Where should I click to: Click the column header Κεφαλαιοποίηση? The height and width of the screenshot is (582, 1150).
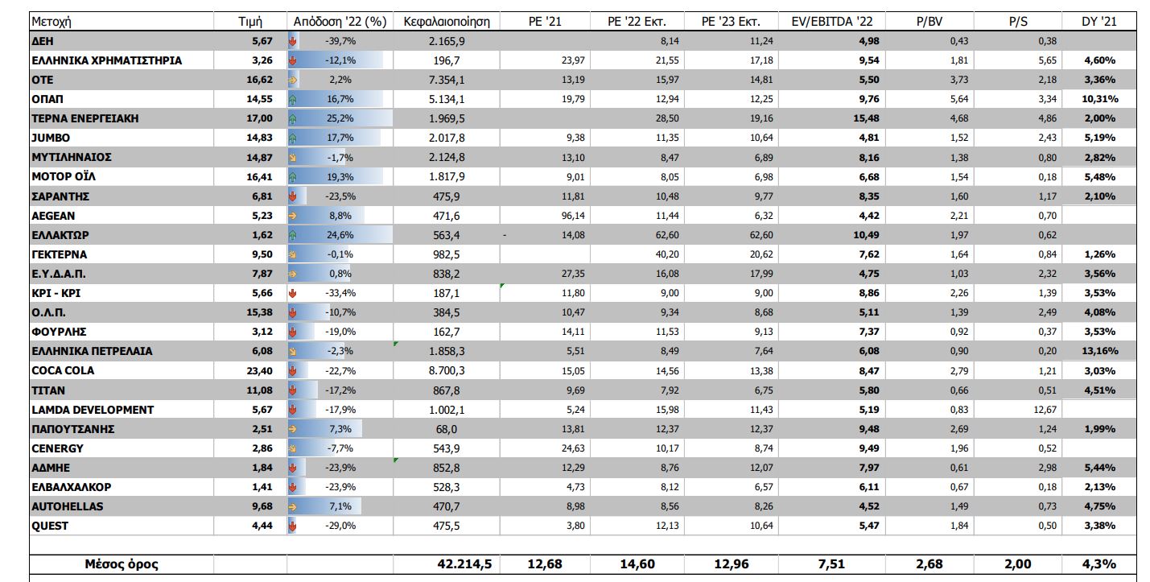coord(447,22)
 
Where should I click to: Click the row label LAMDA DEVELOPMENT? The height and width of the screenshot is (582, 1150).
coord(93,410)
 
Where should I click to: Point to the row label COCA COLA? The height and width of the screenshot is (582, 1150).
coord(63,371)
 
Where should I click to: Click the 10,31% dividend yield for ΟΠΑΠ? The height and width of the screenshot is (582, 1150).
coord(1098,99)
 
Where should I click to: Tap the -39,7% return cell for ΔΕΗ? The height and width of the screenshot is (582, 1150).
coord(339,41)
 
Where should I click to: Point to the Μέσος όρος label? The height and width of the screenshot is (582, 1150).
coord(122,564)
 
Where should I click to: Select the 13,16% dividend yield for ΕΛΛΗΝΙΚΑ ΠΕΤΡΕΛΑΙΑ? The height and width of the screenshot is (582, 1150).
coord(1098,352)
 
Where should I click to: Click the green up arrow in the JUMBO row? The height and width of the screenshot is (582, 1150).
coord(293,138)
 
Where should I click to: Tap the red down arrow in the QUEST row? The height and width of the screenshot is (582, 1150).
coord(293,526)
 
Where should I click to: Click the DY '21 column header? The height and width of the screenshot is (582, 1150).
coord(1098,22)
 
